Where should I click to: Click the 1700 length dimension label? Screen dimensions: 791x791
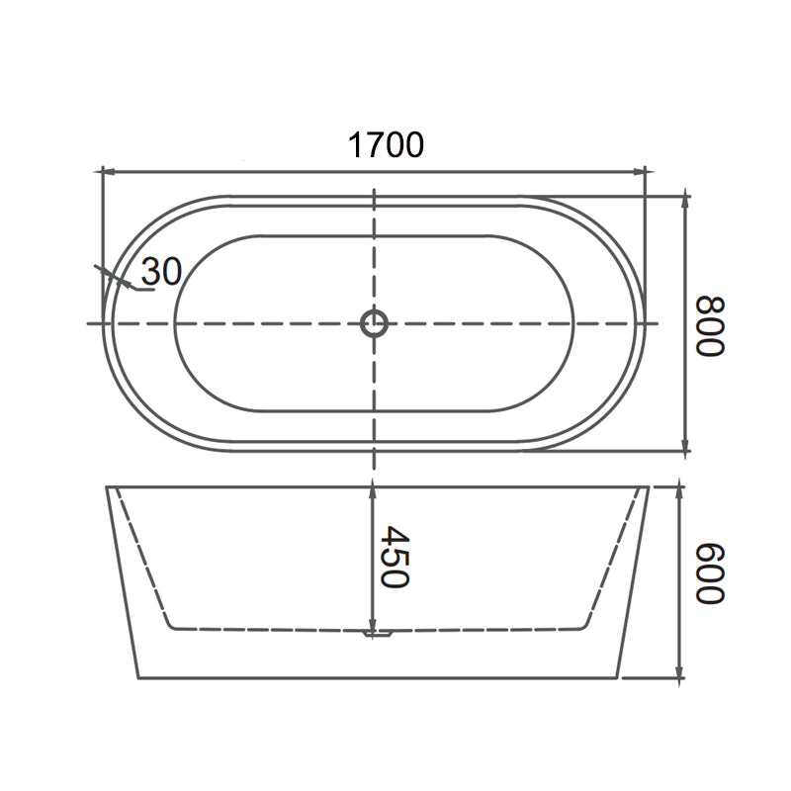click(386, 145)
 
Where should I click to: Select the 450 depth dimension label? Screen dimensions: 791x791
click(394, 557)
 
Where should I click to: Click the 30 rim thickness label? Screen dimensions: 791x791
click(161, 271)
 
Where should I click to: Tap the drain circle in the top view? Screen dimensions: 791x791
click(374, 322)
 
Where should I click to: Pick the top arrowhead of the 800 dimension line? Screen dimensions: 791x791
click(686, 201)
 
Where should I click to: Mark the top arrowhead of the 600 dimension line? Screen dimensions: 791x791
click(679, 491)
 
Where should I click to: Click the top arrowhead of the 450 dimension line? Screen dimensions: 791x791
click(372, 486)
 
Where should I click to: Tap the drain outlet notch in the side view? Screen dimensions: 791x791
click(376, 633)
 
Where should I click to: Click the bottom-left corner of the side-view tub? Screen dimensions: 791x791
click(137, 678)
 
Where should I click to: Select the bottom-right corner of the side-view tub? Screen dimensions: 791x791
click(618, 678)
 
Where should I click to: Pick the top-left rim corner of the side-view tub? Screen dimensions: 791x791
click(107, 486)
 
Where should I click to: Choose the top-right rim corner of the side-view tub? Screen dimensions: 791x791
click(649, 486)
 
